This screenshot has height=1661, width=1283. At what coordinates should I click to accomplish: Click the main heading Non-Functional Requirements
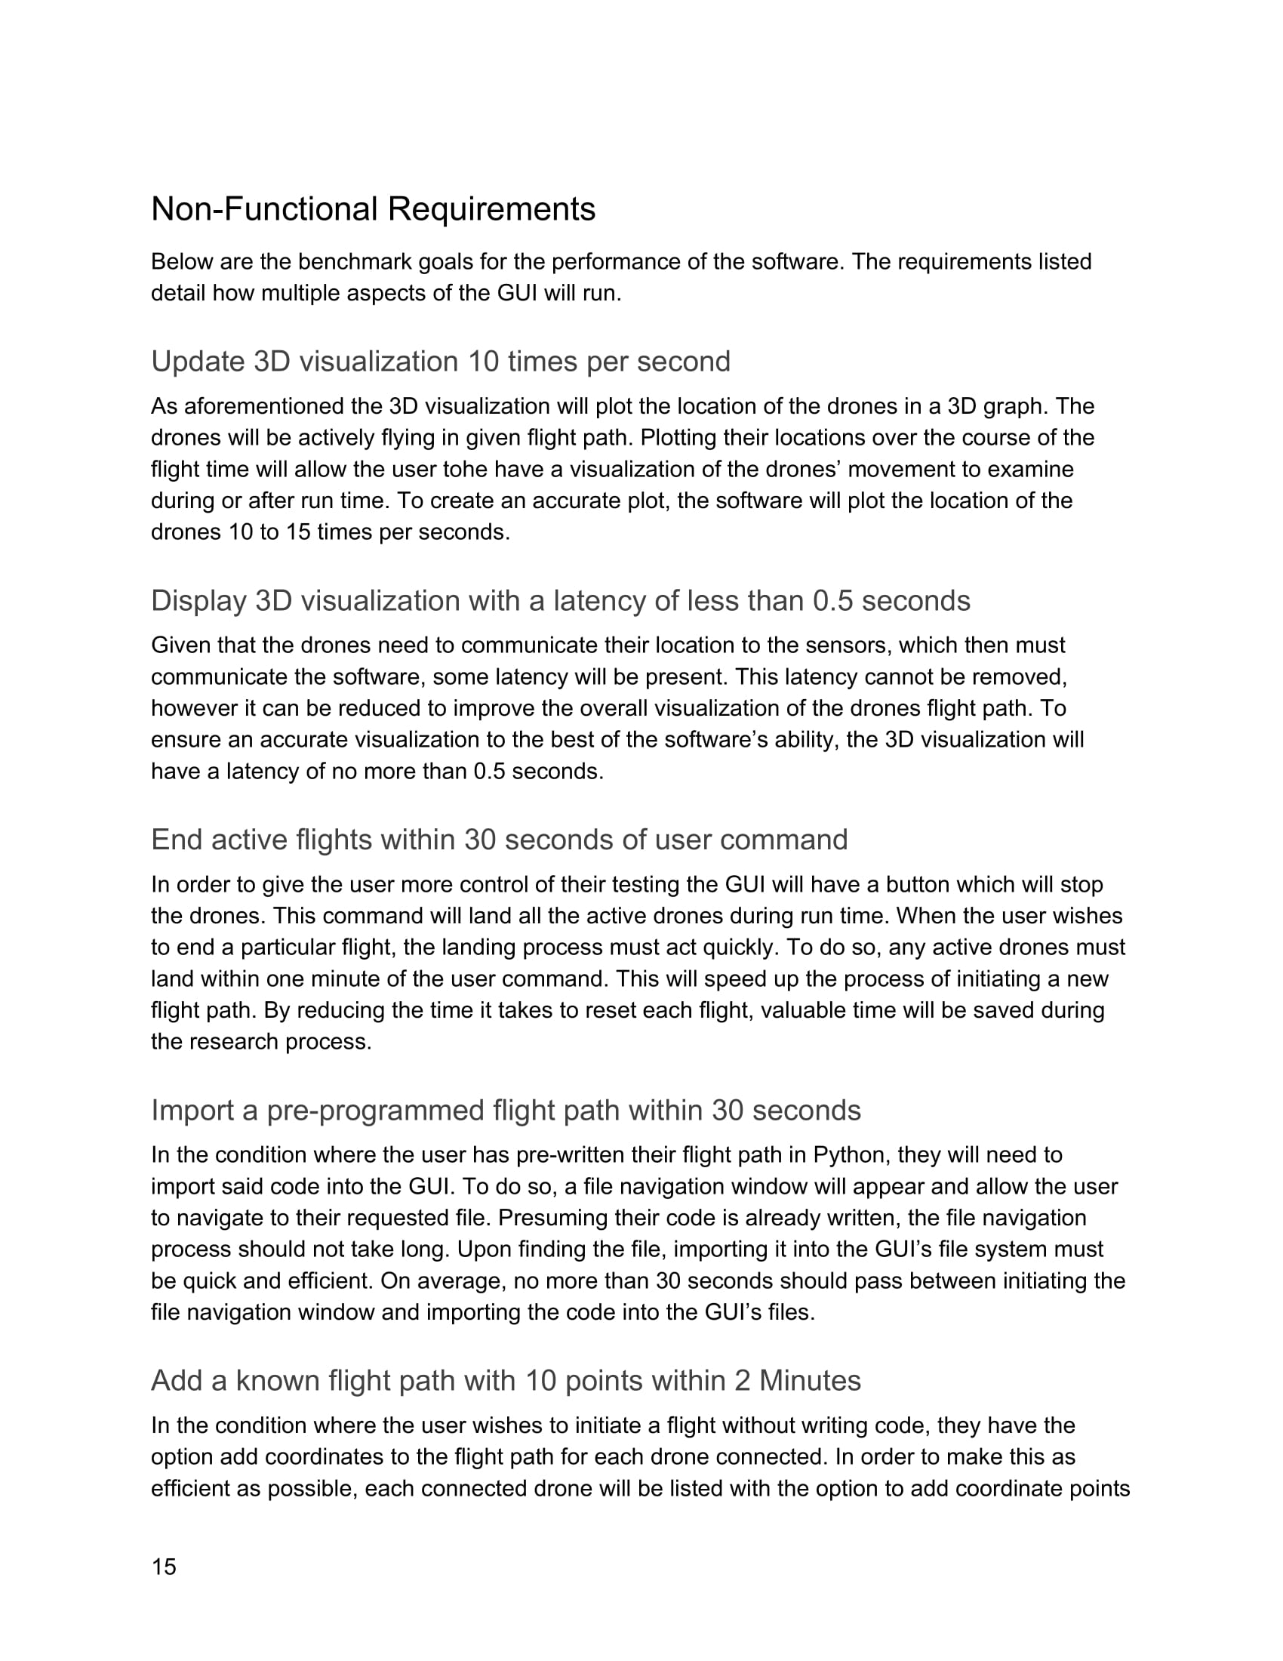pyautogui.click(x=372, y=209)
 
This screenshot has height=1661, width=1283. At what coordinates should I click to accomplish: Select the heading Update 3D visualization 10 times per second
pyautogui.click(x=440, y=361)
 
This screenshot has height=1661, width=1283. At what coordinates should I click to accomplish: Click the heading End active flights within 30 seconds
pyautogui.click(x=499, y=840)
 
